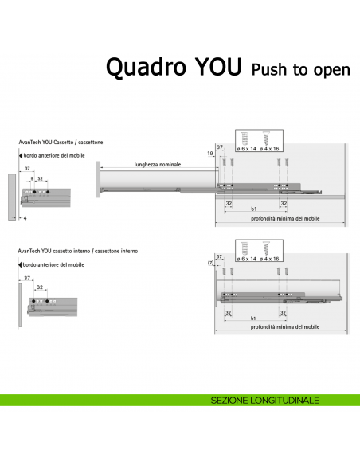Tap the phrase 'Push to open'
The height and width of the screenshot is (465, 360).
(x=300, y=70)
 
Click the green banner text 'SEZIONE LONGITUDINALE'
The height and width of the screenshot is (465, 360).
(x=265, y=399)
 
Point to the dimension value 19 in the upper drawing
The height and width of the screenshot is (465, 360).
(x=210, y=153)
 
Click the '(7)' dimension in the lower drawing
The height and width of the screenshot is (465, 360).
(x=210, y=263)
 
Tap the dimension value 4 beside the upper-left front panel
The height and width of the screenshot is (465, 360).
(x=25, y=217)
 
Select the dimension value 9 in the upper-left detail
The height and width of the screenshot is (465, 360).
(x=31, y=180)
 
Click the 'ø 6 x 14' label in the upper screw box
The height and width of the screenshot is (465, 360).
(x=246, y=149)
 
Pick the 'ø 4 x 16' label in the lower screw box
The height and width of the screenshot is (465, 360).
(x=270, y=259)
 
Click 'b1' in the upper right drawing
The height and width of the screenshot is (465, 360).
(x=253, y=209)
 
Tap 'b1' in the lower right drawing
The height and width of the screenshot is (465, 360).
(x=253, y=318)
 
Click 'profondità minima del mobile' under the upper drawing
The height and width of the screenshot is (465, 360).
(x=280, y=218)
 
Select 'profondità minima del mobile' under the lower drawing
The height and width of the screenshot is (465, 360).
(x=280, y=327)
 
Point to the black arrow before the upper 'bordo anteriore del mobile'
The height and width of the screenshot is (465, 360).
(x=20, y=155)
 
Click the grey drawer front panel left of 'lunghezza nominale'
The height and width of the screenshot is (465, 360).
(x=98, y=182)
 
